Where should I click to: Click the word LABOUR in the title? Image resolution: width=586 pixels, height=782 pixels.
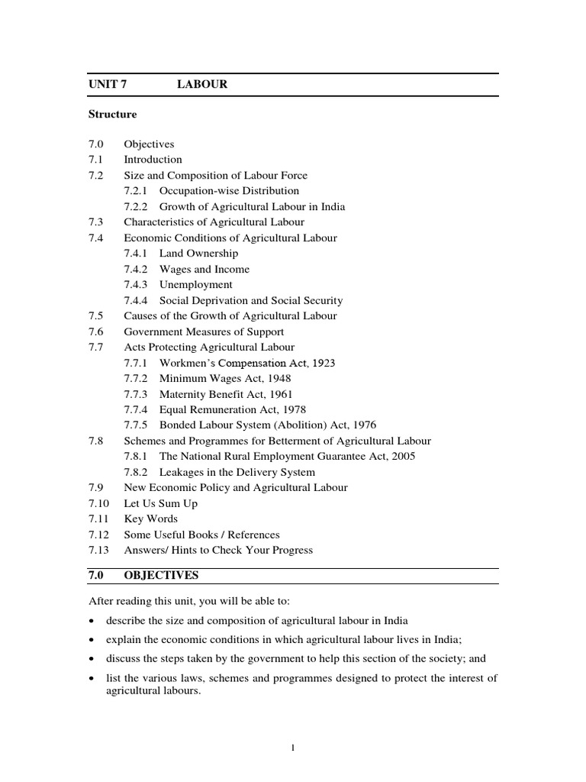[x=202, y=84]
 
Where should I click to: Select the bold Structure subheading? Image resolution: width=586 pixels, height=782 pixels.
[x=112, y=115]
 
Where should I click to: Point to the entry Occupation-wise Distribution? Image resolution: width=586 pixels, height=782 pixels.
[x=229, y=191]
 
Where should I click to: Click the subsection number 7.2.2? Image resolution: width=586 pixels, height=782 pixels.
[x=137, y=206]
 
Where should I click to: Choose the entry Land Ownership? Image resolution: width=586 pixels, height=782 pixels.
[x=198, y=254]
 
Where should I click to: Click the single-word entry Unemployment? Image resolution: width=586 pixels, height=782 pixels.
[x=196, y=285]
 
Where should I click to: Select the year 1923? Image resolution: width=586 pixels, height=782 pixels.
[x=320, y=363]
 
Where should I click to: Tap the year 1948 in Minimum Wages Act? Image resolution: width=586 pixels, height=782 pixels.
[x=278, y=379]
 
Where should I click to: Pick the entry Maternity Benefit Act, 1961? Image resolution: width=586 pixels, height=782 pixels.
[x=225, y=394]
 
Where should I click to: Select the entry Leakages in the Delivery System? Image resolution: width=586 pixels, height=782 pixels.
[x=237, y=473]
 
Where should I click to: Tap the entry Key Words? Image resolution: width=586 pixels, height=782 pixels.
[x=150, y=519]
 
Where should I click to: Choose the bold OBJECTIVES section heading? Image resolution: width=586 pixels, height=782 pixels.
[x=161, y=575]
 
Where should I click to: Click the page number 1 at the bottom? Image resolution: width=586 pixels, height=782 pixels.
[x=293, y=748]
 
